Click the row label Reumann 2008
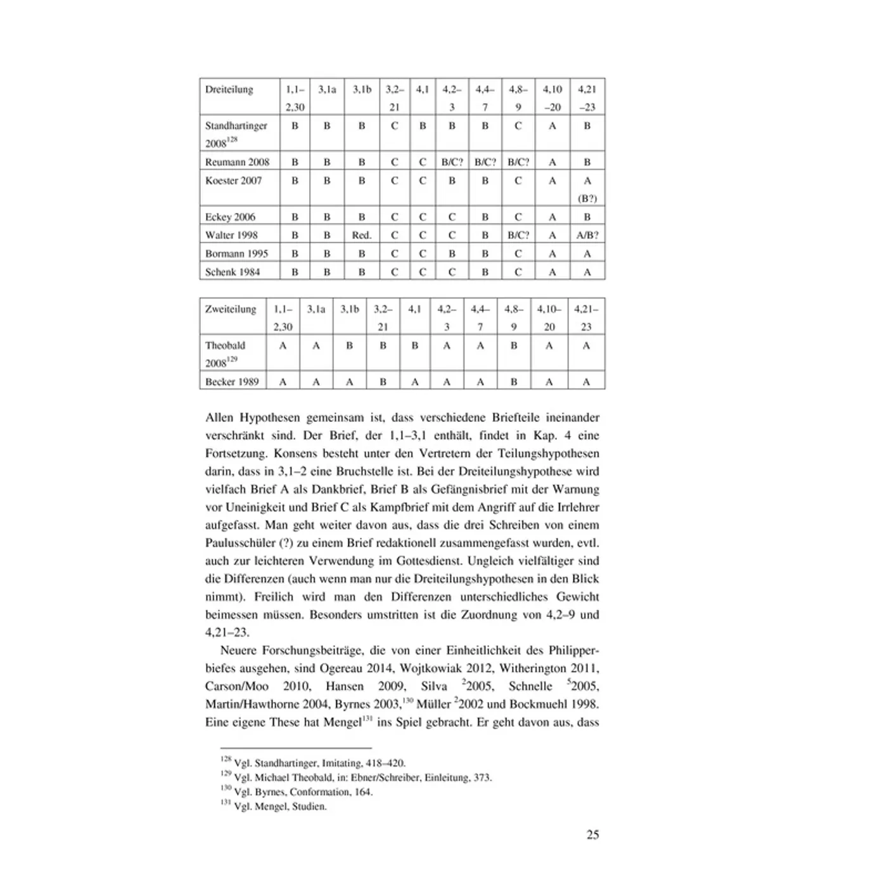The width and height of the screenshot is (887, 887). (237, 162)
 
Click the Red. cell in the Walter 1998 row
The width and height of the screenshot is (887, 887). (362, 235)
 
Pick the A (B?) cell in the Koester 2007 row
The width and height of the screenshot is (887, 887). (587, 189)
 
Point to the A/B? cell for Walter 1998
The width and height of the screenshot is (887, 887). (587, 235)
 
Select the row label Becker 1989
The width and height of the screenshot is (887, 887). (232, 381)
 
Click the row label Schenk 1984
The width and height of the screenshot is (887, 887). (233, 272)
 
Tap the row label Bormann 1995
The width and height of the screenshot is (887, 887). (236, 253)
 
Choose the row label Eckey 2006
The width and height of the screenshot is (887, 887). (230, 217)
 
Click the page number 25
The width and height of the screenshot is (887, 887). (592, 834)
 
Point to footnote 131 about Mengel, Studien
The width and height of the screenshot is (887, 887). (274, 807)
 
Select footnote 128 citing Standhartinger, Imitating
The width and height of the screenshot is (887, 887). (313, 763)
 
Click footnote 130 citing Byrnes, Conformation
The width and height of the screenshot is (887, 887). (297, 792)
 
